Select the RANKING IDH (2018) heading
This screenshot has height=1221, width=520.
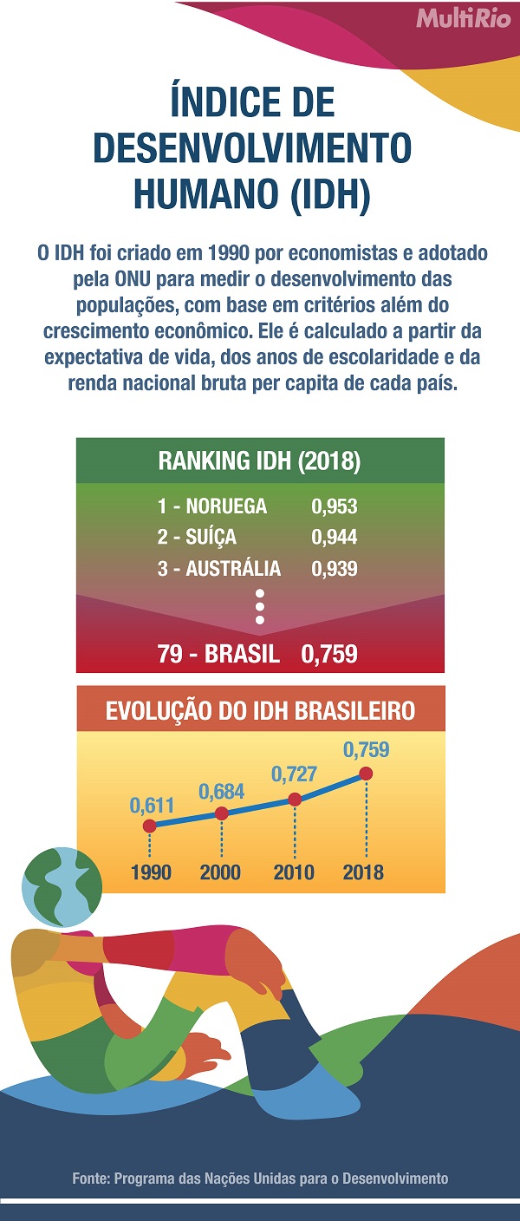(x=259, y=460)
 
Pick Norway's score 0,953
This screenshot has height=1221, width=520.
(x=334, y=506)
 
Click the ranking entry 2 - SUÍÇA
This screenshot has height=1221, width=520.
(x=197, y=538)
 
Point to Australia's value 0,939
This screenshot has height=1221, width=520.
(x=334, y=569)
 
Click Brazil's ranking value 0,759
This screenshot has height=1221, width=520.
(x=329, y=653)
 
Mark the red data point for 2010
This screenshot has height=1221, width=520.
(x=295, y=800)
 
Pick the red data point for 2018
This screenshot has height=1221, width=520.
(x=367, y=773)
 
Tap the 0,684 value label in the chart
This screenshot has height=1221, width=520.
(x=221, y=792)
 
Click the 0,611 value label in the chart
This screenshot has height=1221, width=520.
(x=153, y=806)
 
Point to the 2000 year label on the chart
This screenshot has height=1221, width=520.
(x=220, y=872)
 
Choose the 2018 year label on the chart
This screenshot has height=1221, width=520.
(x=363, y=872)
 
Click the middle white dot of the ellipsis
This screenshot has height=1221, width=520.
(x=259, y=606)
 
